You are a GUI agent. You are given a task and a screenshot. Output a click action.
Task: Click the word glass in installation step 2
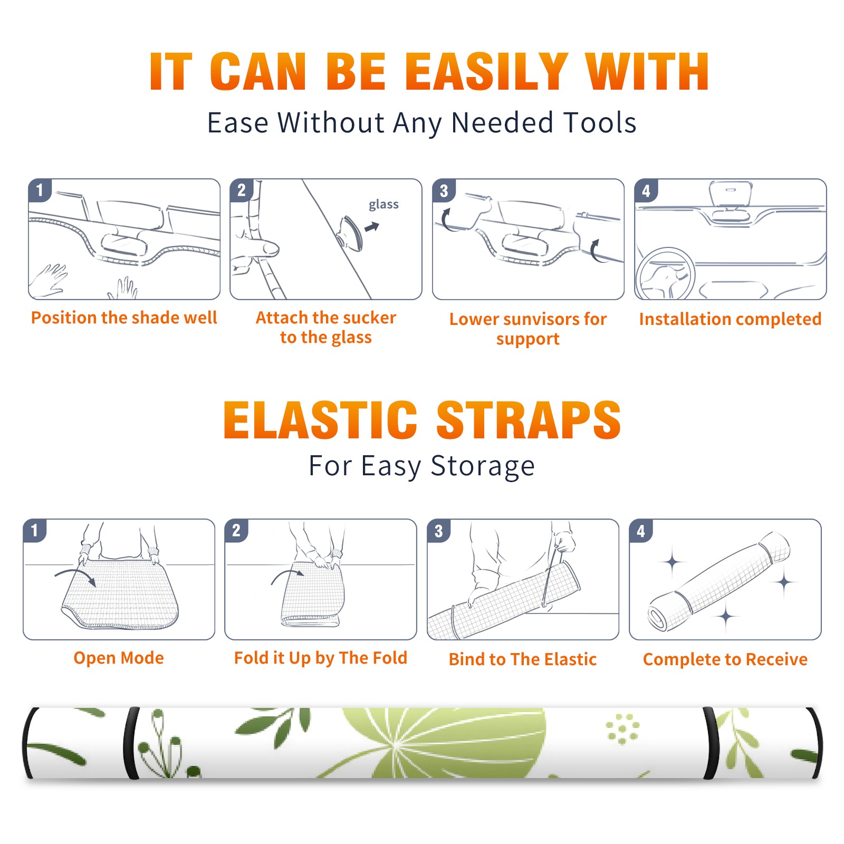pyautogui.click(x=383, y=205)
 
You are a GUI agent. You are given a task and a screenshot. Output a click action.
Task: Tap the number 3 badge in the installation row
pyautogui.click(x=444, y=190)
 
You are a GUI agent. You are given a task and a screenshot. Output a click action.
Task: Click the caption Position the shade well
pyautogui.click(x=124, y=318)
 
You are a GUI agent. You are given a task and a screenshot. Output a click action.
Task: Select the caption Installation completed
pyautogui.click(x=730, y=319)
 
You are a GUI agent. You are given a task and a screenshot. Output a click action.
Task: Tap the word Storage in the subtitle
pyautogui.click(x=483, y=466)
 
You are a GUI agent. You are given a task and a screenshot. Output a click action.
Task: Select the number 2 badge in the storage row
pyautogui.click(x=236, y=530)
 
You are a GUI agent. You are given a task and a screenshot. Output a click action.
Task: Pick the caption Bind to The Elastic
pyautogui.click(x=523, y=659)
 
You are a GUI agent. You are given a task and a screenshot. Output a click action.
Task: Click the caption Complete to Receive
pyautogui.click(x=725, y=659)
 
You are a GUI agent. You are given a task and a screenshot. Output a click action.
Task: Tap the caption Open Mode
pyautogui.click(x=119, y=658)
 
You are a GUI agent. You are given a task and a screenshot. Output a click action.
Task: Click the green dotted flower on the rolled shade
pyautogui.click(x=622, y=729)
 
